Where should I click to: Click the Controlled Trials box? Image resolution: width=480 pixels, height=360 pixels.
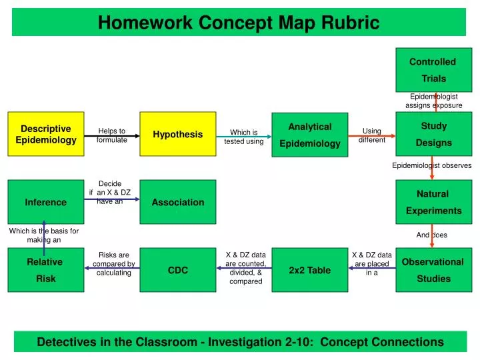433,69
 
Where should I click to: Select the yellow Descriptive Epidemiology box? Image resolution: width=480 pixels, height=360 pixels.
46,134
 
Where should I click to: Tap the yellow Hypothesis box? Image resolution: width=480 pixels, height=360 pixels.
178,134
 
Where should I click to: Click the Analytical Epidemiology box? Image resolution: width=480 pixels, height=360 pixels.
309,135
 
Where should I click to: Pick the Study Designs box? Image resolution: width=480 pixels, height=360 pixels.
433,134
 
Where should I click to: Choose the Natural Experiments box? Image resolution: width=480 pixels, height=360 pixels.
433,202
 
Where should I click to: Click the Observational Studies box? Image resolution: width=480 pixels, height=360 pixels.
433,270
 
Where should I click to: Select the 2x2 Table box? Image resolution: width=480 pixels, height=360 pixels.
309,270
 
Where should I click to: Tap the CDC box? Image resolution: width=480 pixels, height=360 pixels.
178,270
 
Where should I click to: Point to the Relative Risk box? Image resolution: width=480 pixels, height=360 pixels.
46,270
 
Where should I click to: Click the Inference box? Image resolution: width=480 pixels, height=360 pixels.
46,202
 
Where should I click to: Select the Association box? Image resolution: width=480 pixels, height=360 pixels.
178,202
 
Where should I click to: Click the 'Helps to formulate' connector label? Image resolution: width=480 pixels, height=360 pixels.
111,135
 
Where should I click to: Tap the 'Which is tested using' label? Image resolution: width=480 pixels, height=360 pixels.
243,137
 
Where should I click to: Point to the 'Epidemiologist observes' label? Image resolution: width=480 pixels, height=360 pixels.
431,165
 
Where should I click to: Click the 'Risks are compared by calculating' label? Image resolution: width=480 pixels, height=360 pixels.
113,264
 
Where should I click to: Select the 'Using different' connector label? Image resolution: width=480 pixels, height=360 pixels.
371,135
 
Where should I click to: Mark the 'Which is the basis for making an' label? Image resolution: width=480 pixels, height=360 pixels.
44,235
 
